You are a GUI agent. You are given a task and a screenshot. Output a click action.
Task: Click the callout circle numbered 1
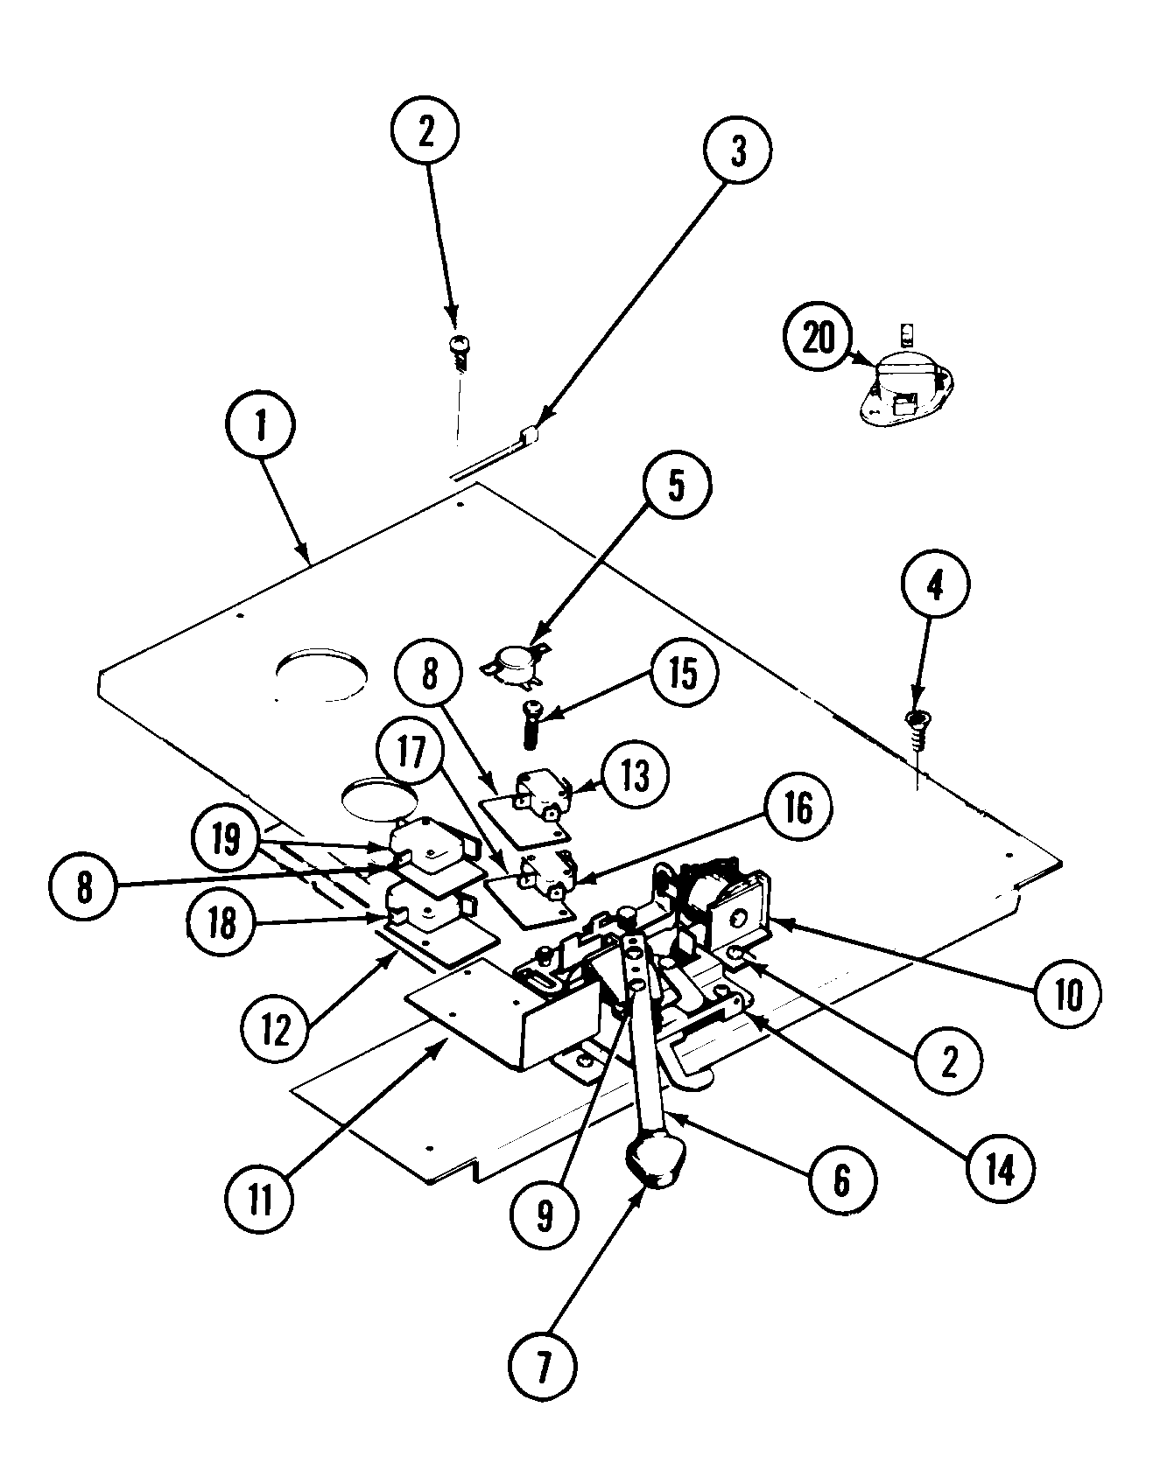click(263, 426)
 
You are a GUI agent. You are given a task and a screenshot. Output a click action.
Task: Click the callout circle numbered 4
click(934, 587)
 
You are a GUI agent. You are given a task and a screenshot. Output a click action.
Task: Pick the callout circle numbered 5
click(676, 486)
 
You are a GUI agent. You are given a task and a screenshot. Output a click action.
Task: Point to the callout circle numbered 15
click(683, 674)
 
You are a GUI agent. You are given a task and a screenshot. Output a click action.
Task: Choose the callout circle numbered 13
click(635, 774)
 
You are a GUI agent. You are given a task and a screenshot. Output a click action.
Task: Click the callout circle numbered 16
click(796, 810)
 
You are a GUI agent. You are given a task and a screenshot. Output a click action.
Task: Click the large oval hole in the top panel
click(321, 675)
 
